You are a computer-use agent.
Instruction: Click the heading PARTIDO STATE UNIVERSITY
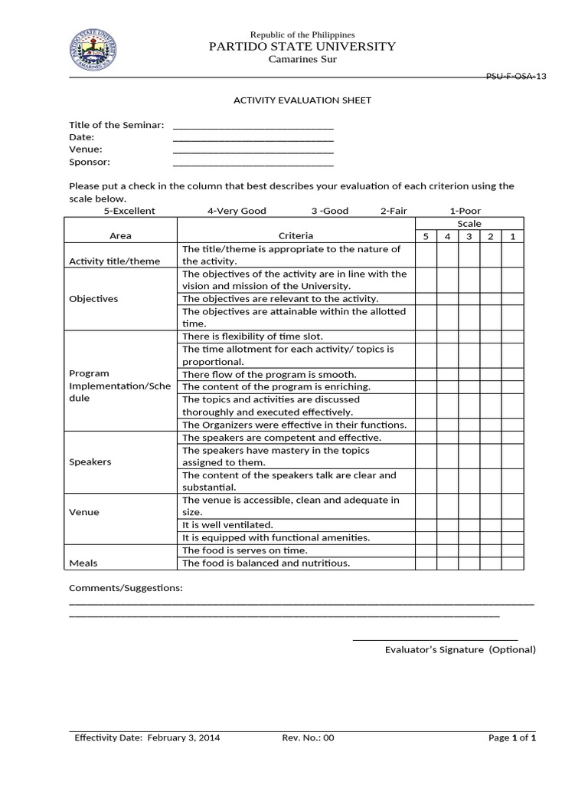(302, 47)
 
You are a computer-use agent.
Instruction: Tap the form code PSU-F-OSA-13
(517, 77)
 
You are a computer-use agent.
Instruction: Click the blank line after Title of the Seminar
(253, 126)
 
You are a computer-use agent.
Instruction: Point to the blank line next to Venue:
(253, 151)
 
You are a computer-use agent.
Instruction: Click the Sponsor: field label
(90, 162)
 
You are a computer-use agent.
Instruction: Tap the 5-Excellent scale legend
(129, 211)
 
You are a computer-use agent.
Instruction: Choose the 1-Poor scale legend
(465, 211)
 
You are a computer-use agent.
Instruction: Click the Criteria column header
(296, 236)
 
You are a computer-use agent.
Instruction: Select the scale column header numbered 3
(469, 236)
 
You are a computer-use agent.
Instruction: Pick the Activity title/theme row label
(115, 261)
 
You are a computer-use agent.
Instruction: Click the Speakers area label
(90, 462)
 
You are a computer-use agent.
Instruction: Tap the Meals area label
(83, 563)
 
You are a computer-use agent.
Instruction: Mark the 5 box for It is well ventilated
(426, 525)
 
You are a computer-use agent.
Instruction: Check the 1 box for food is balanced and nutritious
(513, 563)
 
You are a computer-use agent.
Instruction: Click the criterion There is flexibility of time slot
(253, 337)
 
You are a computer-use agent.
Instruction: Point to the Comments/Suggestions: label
(126, 588)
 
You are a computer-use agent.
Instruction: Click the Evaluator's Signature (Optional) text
(460, 650)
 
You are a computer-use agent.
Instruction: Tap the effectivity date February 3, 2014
(184, 738)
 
